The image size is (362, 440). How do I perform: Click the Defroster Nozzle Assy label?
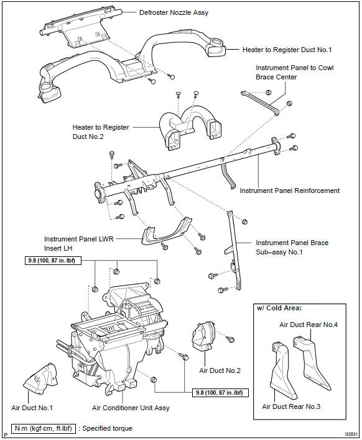point(174,12)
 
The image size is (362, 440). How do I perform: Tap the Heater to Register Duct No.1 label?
point(287,50)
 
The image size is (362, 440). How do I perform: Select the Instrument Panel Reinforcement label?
point(290,191)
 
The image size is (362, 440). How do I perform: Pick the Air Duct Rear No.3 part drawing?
point(282,370)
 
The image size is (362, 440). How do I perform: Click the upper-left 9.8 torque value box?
point(53,261)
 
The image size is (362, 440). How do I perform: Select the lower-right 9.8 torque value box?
point(221,392)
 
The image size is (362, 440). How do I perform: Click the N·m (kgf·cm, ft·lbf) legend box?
point(44,428)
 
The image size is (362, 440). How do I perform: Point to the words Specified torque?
point(107,428)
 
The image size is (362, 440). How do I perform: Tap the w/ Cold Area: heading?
point(279,308)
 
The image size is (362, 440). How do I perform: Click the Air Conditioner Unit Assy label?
point(131,408)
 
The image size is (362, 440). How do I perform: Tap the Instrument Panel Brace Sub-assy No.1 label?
point(292,247)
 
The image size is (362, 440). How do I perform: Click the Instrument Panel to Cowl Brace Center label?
point(294,73)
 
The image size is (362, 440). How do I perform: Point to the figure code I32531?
point(351,434)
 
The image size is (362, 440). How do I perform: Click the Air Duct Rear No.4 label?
point(309,325)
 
